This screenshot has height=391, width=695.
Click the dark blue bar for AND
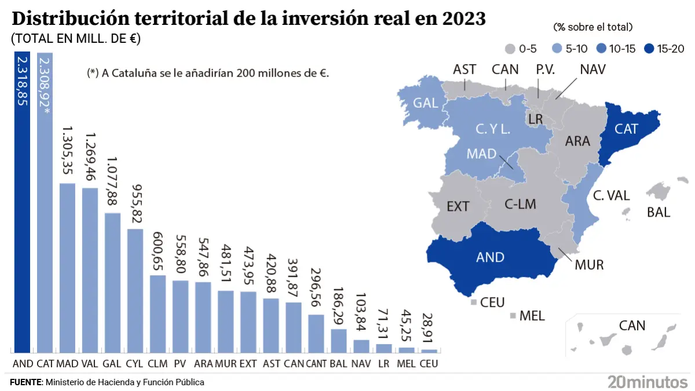22,203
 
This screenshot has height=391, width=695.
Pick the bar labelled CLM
158,313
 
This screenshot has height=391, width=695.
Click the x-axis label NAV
361,364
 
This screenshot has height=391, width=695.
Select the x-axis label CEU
429,364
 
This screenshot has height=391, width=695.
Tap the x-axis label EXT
248,364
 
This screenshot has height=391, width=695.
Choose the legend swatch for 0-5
510,49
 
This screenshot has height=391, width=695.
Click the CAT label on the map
626,129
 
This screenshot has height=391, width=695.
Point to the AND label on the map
490,257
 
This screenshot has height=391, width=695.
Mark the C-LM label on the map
520,204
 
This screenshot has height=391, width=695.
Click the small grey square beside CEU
474,302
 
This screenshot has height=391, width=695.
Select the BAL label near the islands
658,213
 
